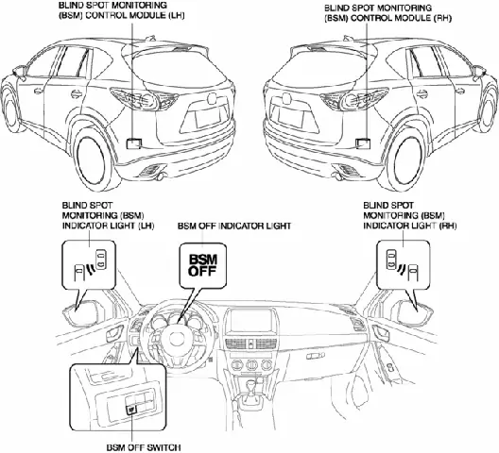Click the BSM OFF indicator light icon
[x=201, y=264]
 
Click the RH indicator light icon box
[x=404, y=265]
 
